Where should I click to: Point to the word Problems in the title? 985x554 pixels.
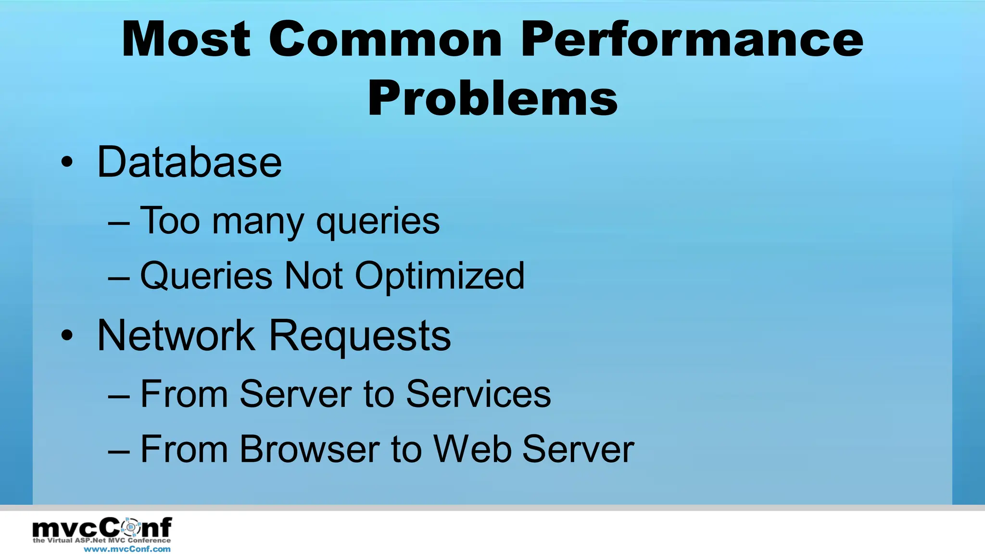492,99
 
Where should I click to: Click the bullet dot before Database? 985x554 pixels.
67,162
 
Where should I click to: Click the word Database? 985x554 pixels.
189,162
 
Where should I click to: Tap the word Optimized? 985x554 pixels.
440,277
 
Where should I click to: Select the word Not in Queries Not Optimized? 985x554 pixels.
314,276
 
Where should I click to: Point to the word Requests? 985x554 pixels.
360,337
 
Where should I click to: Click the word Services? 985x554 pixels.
478,394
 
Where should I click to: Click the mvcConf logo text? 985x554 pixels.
102,528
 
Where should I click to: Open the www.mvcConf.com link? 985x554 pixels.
127,549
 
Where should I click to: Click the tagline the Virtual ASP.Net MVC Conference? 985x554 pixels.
102,541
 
